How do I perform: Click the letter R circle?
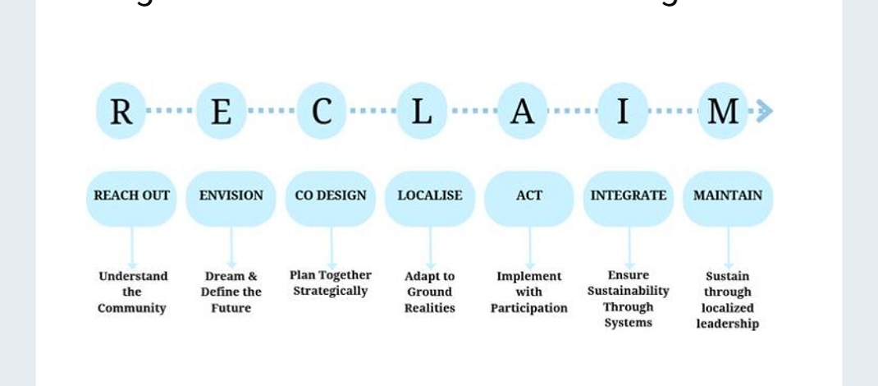[121, 111]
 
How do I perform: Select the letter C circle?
[322, 111]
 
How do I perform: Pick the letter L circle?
[422, 111]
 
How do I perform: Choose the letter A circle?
[522, 111]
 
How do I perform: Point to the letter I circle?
[623, 111]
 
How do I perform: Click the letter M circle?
[723, 111]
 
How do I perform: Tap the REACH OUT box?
[131, 196]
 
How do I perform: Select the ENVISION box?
[231, 196]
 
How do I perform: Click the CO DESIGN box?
[331, 196]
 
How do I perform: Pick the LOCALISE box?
[430, 196]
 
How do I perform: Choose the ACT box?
[529, 196]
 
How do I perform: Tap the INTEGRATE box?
[629, 196]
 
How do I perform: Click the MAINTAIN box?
[728, 196]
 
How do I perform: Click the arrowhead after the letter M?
[764, 111]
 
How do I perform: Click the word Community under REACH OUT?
[132, 309]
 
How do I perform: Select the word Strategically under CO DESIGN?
[331, 292]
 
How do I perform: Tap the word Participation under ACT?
[529, 309]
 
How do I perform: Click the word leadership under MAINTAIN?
[728, 324]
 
